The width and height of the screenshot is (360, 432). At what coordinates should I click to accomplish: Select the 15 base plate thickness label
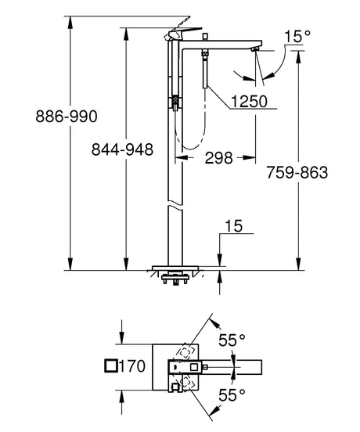coord(232,228)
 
